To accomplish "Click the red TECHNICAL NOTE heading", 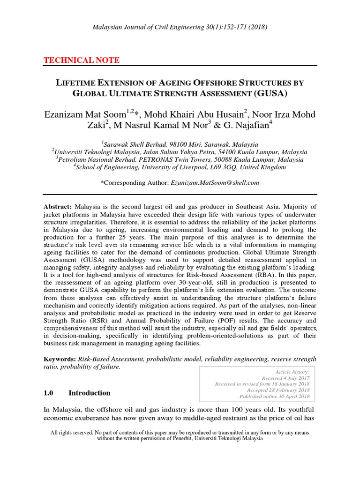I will coord(81,60).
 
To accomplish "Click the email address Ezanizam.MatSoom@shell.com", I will coord(208,182).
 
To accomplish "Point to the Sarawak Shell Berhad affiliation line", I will coord(180,145).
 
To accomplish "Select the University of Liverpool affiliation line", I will coord(180,167).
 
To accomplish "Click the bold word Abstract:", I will coord(58,207).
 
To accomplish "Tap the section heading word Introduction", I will coord(89,393).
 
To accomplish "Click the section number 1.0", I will coord(49,393).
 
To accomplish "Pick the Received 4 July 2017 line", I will coord(285,377).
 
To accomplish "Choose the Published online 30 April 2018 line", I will coord(274,396).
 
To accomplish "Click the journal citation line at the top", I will coord(180,27).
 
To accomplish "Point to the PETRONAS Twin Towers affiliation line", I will coord(180,160).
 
